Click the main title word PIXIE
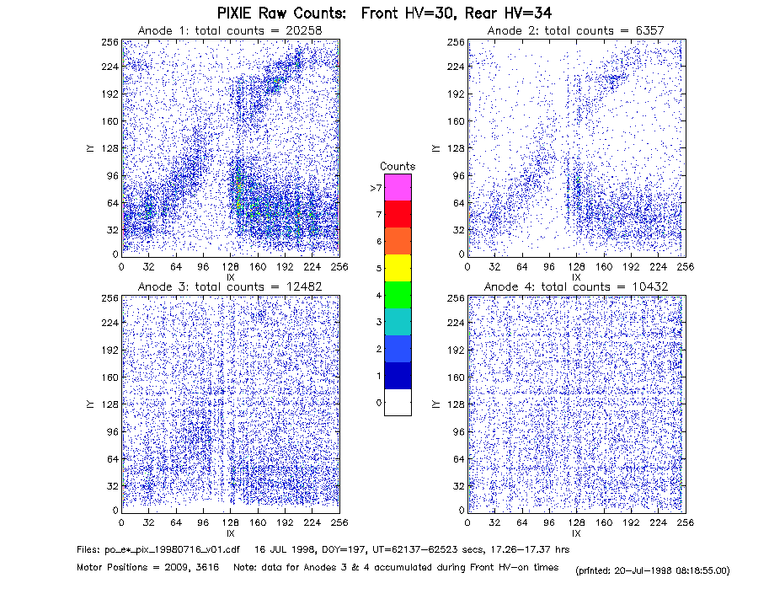pyautogui.click(x=239, y=13)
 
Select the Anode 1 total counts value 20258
pyautogui.click(x=304, y=30)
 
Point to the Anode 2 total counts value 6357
pyautogui.click(x=650, y=30)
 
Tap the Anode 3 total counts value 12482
pyautogui.click(x=304, y=286)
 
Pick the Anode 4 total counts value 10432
pyautogui.click(x=650, y=286)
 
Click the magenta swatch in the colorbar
pyautogui.click(x=398, y=187)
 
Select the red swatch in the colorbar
pyautogui.click(x=398, y=214)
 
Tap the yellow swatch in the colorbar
pyautogui.click(x=398, y=268)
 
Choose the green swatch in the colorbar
pyautogui.click(x=398, y=295)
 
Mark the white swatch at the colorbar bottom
pyautogui.click(x=398, y=402)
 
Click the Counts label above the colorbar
pyautogui.click(x=398, y=166)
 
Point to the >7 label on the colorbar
pyautogui.click(x=376, y=188)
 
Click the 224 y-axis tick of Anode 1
pyautogui.click(x=109, y=67)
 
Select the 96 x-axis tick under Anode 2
pyautogui.click(x=549, y=266)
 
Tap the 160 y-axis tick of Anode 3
pyautogui.click(x=109, y=377)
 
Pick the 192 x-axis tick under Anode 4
pyautogui.click(x=631, y=522)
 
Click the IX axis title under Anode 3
pyautogui.click(x=231, y=533)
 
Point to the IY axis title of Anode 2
pyautogui.click(x=435, y=148)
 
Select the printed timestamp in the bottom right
pyautogui.click(x=652, y=570)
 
